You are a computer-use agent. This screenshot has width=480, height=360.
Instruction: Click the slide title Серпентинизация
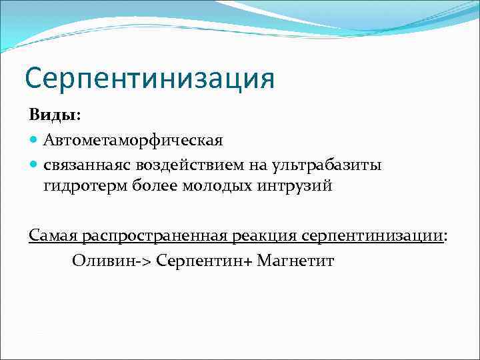(149, 79)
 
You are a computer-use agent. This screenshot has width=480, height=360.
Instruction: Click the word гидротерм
(83, 187)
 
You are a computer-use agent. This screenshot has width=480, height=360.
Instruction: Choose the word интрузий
(294, 187)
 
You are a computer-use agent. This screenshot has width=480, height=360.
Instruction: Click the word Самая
(53, 236)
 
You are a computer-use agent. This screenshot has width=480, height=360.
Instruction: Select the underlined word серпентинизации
(372, 236)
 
